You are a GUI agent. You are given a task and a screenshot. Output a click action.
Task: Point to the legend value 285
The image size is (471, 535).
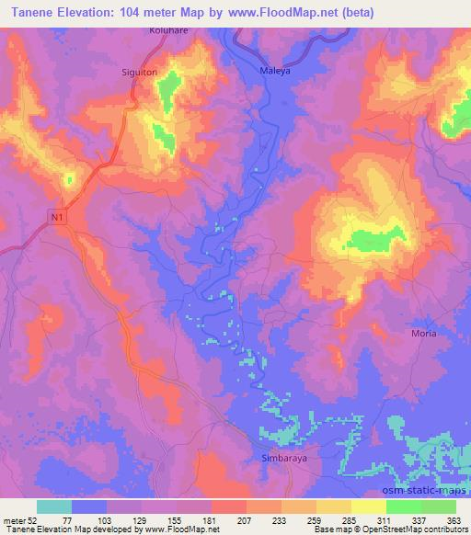coord(348,521)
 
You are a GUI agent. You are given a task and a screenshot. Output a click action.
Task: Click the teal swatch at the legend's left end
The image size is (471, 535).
coord(54,507)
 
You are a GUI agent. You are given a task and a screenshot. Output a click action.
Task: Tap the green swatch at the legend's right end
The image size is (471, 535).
coord(439,507)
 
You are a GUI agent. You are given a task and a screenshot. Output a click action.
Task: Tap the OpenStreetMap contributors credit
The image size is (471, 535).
coord(417,530)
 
